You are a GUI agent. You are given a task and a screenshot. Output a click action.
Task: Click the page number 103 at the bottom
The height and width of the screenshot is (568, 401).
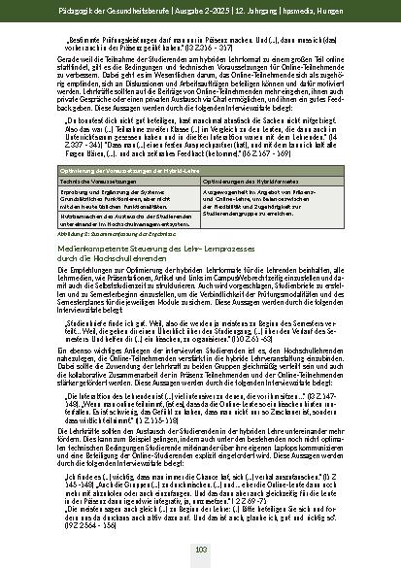point(200,550)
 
